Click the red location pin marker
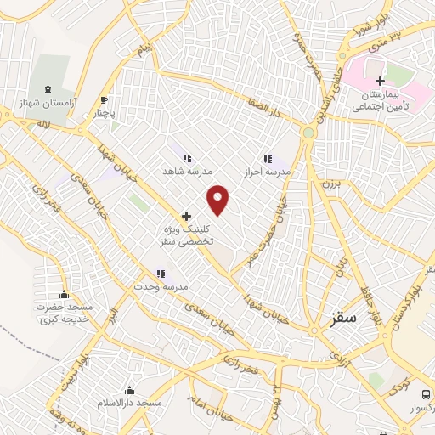pos(219,200)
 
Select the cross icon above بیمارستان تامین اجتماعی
pos(380,81)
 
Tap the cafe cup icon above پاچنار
pos(105,99)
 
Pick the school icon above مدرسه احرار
pos(268,159)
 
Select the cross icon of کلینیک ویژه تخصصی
pos(186,217)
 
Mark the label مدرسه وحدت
pos(159,285)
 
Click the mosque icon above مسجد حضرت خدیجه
pos(65,295)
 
